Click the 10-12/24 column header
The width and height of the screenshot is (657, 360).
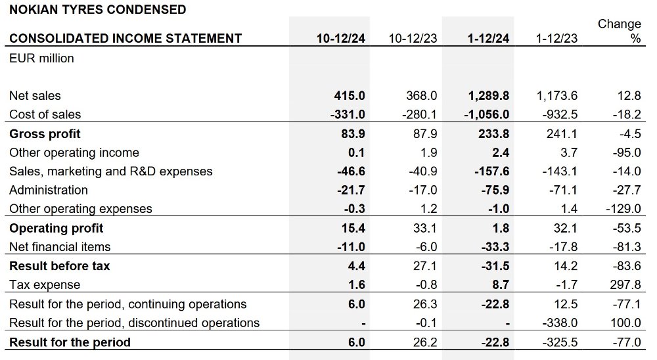(x=340, y=39)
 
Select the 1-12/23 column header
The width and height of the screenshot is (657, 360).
(x=556, y=39)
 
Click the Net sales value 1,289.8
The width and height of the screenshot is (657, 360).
(x=489, y=96)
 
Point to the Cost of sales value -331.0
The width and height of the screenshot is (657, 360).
(x=348, y=114)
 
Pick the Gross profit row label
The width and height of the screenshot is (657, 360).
(x=45, y=134)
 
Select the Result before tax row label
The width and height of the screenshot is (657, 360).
(x=60, y=266)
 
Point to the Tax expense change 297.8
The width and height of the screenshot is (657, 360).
(x=625, y=285)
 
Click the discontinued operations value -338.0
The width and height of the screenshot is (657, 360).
(x=560, y=323)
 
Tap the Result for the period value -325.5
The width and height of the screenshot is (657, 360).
(x=560, y=342)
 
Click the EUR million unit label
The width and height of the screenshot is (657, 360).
(x=41, y=58)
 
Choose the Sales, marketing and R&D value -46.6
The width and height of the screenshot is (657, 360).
(x=351, y=171)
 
